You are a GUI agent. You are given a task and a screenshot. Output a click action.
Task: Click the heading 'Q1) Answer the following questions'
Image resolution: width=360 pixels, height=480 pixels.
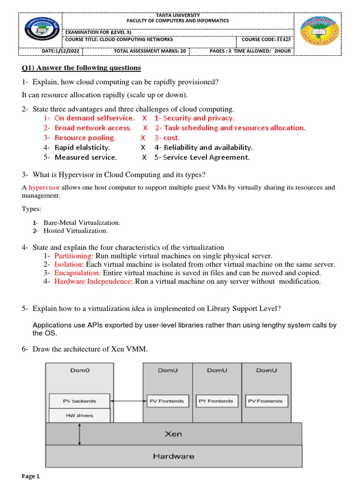click(x=82, y=68)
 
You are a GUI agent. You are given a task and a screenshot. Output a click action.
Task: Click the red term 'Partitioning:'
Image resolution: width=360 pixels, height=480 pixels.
click(x=74, y=256)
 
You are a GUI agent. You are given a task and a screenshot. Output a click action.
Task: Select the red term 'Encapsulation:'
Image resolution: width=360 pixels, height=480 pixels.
click(x=77, y=273)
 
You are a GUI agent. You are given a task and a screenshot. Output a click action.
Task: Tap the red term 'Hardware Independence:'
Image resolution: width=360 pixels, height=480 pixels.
click(x=94, y=281)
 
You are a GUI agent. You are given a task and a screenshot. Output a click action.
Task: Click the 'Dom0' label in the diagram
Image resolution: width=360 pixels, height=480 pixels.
click(x=79, y=370)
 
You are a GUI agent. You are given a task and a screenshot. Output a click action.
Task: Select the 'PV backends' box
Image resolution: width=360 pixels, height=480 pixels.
click(x=79, y=401)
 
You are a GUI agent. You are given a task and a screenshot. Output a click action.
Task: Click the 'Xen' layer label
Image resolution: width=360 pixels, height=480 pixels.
click(x=173, y=434)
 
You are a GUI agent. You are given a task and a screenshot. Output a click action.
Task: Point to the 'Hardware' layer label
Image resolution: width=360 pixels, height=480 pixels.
click(x=173, y=456)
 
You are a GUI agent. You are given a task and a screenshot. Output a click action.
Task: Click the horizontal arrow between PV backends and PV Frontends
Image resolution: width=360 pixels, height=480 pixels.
click(x=127, y=401)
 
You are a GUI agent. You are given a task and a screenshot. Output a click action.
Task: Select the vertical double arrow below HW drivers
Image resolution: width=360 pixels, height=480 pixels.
click(x=80, y=434)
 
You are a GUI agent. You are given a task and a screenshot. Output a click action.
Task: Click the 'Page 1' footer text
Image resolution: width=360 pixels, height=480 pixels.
click(x=31, y=476)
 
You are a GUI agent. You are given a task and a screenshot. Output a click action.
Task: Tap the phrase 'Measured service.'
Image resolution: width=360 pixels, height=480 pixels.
click(x=86, y=157)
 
